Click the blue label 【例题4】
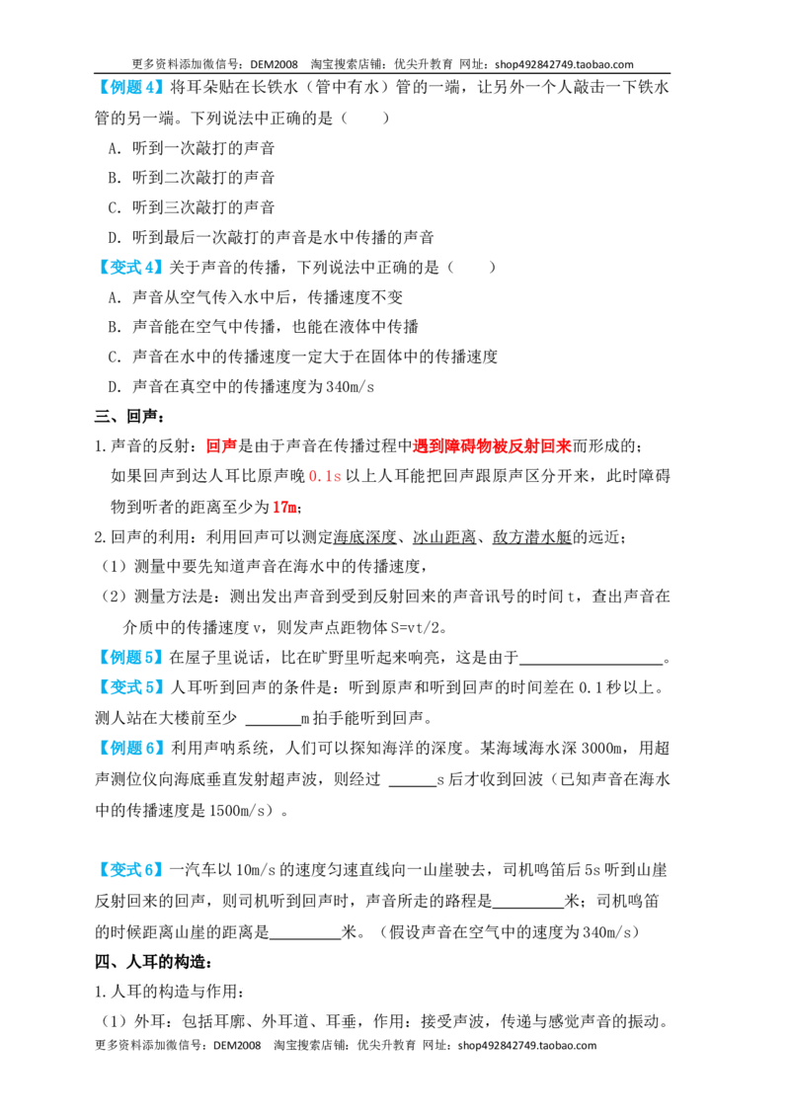click(129, 88)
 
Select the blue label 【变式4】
click(129, 268)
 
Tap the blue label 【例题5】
click(129, 658)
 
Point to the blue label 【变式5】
click(129, 687)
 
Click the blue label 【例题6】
click(129, 748)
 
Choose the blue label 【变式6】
click(129, 870)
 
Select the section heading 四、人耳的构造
click(153, 962)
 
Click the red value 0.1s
click(325, 476)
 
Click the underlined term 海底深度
click(364, 537)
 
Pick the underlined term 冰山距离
click(444, 537)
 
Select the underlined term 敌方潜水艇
click(532, 537)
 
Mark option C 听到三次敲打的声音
click(192, 207)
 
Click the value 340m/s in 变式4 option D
click(351, 387)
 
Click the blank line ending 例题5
click(592, 664)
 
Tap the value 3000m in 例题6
click(603, 748)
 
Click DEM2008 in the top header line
click(274, 64)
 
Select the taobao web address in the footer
click(527, 1045)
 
